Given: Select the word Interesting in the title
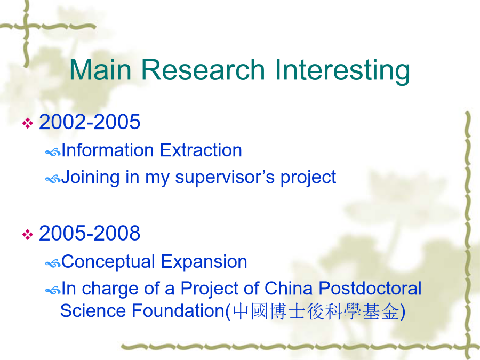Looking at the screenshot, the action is pyautogui.click(x=342, y=71).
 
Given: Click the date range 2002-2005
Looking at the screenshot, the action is pyautogui.click(x=90, y=122).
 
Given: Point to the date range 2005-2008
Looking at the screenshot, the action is pyautogui.click(x=90, y=233).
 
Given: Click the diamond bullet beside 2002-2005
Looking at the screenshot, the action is pyautogui.click(x=28, y=123).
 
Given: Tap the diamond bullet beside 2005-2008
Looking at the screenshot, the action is pyautogui.click(x=28, y=235).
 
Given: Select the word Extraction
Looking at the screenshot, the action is pyautogui.click(x=201, y=150).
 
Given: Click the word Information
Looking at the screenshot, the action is pyautogui.click(x=107, y=150).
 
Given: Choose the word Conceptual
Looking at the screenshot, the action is pyautogui.click(x=108, y=262).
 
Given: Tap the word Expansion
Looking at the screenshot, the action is pyautogui.click(x=204, y=262).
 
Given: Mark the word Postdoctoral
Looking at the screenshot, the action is pyautogui.click(x=370, y=289).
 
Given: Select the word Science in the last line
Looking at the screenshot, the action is pyautogui.click(x=93, y=311).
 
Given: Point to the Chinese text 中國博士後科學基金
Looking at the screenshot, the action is pyautogui.click(x=316, y=311).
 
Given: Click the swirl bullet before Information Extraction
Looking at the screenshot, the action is pyautogui.click(x=53, y=152).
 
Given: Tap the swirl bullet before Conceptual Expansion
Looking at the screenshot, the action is pyautogui.click(x=53, y=263).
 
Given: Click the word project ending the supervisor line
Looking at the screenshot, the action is pyautogui.click(x=308, y=178).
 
